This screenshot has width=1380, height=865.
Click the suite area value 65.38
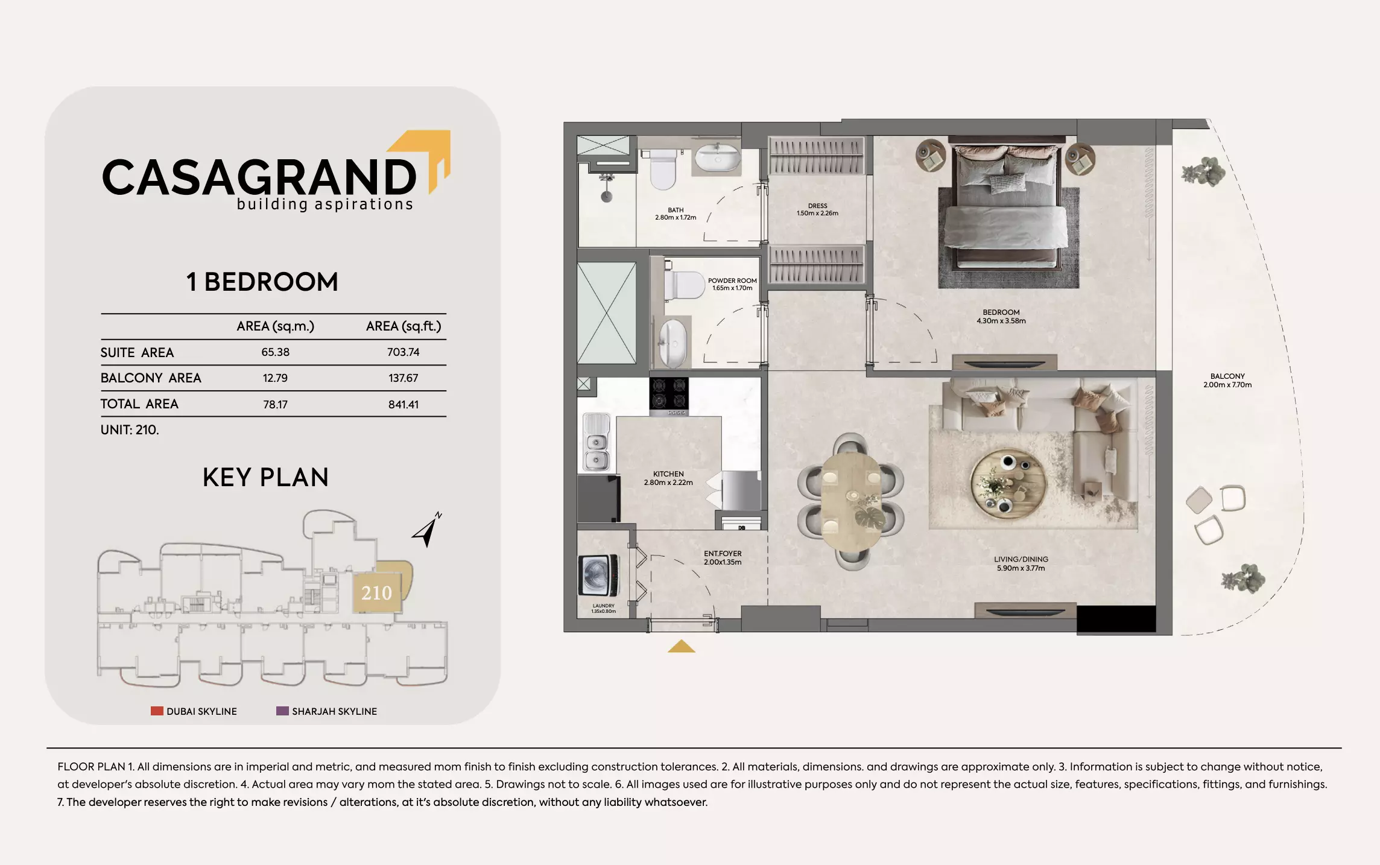tap(275, 352)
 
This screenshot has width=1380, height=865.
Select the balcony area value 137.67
tap(403, 378)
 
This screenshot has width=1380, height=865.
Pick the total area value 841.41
tap(403, 405)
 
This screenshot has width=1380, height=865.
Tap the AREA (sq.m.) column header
tap(275, 326)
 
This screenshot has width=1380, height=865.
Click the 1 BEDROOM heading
tap(262, 282)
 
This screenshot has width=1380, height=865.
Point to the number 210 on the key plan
tap(376, 593)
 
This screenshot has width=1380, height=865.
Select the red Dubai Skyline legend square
tap(157, 711)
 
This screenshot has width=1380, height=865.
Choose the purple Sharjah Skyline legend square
tap(282, 711)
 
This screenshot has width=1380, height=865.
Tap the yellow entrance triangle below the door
tap(681, 647)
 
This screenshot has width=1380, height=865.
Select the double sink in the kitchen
tap(596, 443)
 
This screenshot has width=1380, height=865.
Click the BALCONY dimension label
tap(1227, 381)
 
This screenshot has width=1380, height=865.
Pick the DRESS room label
tap(817, 209)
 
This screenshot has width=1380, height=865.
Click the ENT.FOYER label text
tap(723, 558)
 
